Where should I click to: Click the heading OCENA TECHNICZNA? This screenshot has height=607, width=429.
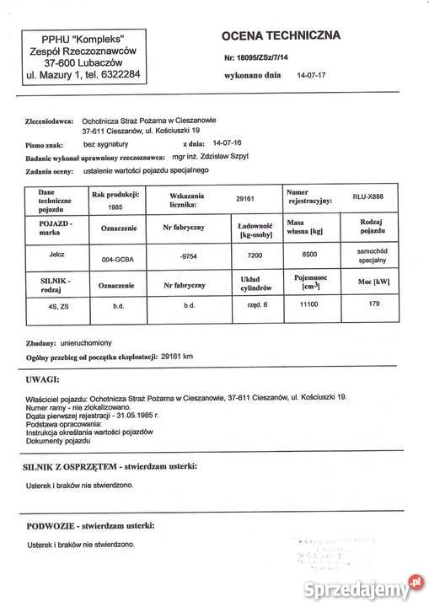(281, 35)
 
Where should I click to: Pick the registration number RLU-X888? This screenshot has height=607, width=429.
(370, 196)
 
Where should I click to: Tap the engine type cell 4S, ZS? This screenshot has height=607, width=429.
(59, 309)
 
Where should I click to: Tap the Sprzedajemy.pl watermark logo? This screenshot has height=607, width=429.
(365, 582)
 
